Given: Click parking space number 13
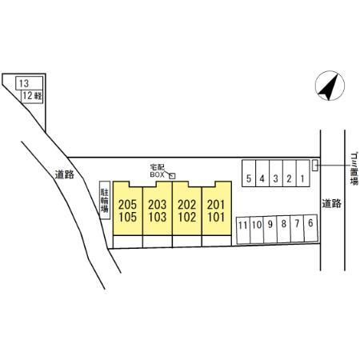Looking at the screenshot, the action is (30, 83).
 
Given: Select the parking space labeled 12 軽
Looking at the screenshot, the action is (32, 96).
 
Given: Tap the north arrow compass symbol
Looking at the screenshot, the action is (330, 86).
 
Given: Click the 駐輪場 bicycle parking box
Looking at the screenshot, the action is (105, 200).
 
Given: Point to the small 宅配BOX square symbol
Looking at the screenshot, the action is (173, 176).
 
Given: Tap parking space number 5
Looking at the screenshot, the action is (249, 174).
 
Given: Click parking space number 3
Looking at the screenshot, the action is (276, 174).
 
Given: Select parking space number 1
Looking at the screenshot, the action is (302, 174).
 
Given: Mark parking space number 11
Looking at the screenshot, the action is (243, 230).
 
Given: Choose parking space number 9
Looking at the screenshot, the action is (270, 229).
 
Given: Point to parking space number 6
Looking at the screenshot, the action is (310, 228).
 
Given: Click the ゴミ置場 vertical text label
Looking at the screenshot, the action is (354, 169).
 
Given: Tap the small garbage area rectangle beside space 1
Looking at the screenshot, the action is (315, 166).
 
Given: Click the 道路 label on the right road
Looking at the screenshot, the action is (331, 204).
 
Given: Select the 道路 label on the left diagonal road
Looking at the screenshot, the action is (65, 174).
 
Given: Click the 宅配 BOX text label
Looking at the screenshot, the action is (158, 171).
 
